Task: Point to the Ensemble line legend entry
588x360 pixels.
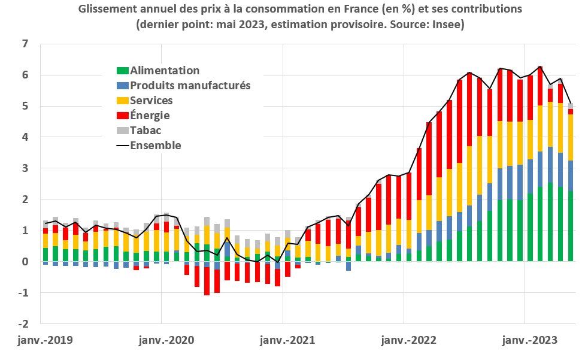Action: click(155, 146)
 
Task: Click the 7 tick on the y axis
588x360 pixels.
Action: click(25, 44)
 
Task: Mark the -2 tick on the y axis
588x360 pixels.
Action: click(22, 324)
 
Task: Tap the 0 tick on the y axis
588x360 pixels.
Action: click(25, 262)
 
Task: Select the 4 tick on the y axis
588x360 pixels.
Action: click(25, 137)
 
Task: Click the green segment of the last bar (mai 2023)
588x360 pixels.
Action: click(571, 226)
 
